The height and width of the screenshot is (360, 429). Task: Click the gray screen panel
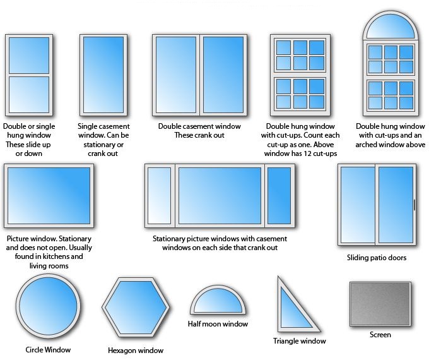[380, 304]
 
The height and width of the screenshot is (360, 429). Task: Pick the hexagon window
[136, 309]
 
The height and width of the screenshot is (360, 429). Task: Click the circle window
[47, 308]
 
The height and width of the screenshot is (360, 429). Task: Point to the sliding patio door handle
[414, 205]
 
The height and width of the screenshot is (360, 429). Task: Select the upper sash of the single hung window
[29, 56]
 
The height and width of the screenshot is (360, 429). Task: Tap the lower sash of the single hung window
[29, 94]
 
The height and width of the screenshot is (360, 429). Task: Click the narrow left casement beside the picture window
[160, 195]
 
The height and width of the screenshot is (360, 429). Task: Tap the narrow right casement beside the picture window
[278, 195]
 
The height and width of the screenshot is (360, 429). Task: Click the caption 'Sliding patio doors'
[377, 258]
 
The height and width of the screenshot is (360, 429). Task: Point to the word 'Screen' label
[380, 335]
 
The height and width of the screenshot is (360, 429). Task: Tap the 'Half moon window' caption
[218, 324]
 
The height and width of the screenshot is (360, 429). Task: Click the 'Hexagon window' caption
[136, 350]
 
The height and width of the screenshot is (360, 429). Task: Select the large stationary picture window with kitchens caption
[49, 195]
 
